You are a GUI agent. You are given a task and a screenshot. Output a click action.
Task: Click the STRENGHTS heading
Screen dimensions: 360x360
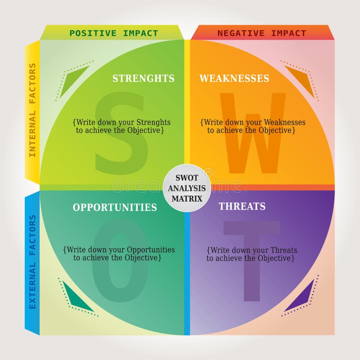coord(143,78)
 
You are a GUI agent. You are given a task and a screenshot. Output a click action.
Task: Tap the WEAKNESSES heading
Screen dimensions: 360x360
coord(234,78)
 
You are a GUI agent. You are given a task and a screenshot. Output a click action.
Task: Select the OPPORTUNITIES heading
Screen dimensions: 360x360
coord(115,207)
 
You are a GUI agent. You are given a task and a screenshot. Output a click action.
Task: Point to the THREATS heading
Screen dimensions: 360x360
coord(242,207)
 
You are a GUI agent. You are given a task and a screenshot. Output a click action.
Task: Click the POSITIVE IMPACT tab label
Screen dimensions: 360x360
coord(113,33)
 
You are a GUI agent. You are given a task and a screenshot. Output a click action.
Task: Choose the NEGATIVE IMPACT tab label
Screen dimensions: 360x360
coord(261,33)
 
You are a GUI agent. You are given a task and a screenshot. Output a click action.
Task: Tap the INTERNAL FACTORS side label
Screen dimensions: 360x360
coord(32,110)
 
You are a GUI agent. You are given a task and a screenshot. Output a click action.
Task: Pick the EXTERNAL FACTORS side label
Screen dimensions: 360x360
coord(32,261)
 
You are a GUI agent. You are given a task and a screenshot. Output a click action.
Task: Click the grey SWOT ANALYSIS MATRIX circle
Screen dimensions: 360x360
coord(187,189)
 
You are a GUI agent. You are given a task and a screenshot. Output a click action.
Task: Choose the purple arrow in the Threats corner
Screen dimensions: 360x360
coord(299,297)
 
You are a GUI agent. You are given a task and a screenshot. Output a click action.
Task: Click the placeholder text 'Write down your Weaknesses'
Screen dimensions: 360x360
coord(253,122)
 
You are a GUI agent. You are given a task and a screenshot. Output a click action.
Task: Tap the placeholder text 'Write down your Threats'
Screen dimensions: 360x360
coord(252,250)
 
